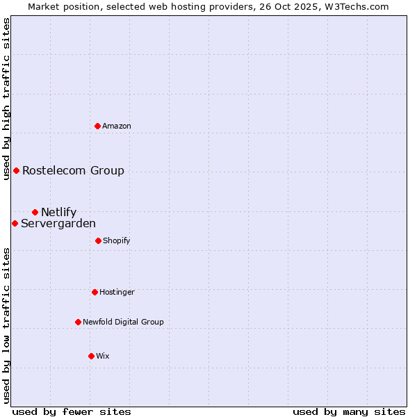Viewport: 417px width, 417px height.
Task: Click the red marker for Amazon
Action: (x=98, y=126)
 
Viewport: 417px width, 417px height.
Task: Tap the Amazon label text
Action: (x=117, y=126)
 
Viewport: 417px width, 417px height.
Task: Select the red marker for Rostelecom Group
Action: (x=16, y=170)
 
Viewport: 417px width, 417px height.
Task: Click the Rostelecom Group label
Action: (x=73, y=170)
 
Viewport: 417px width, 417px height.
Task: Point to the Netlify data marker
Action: (x=35, y=212)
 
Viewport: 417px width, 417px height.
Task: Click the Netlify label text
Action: (x=58, y=212)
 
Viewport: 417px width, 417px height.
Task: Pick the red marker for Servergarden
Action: (x=15, y=223)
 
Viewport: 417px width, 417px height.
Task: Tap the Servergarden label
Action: (x=58, y=223)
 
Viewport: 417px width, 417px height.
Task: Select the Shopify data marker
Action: (x=98, y=240)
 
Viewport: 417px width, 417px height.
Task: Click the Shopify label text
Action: (x=117, y=240)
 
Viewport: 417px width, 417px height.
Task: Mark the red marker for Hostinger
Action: (x=95, y=292)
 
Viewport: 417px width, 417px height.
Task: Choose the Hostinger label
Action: (x=117, y=292)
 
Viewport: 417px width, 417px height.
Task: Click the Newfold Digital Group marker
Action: (x=78, y=322)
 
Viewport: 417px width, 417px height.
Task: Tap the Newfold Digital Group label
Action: (x=123, y=322)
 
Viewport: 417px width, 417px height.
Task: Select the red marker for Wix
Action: (x=91, y=356)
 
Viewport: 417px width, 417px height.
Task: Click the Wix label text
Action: (x=103, y=356)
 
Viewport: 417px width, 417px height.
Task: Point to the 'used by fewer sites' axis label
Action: (x=72, y=411)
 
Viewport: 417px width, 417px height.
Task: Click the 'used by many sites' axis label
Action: (x=349, y=411)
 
